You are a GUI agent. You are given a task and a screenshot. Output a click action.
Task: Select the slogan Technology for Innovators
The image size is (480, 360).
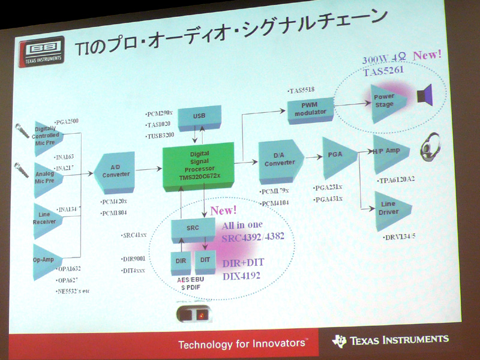242,344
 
